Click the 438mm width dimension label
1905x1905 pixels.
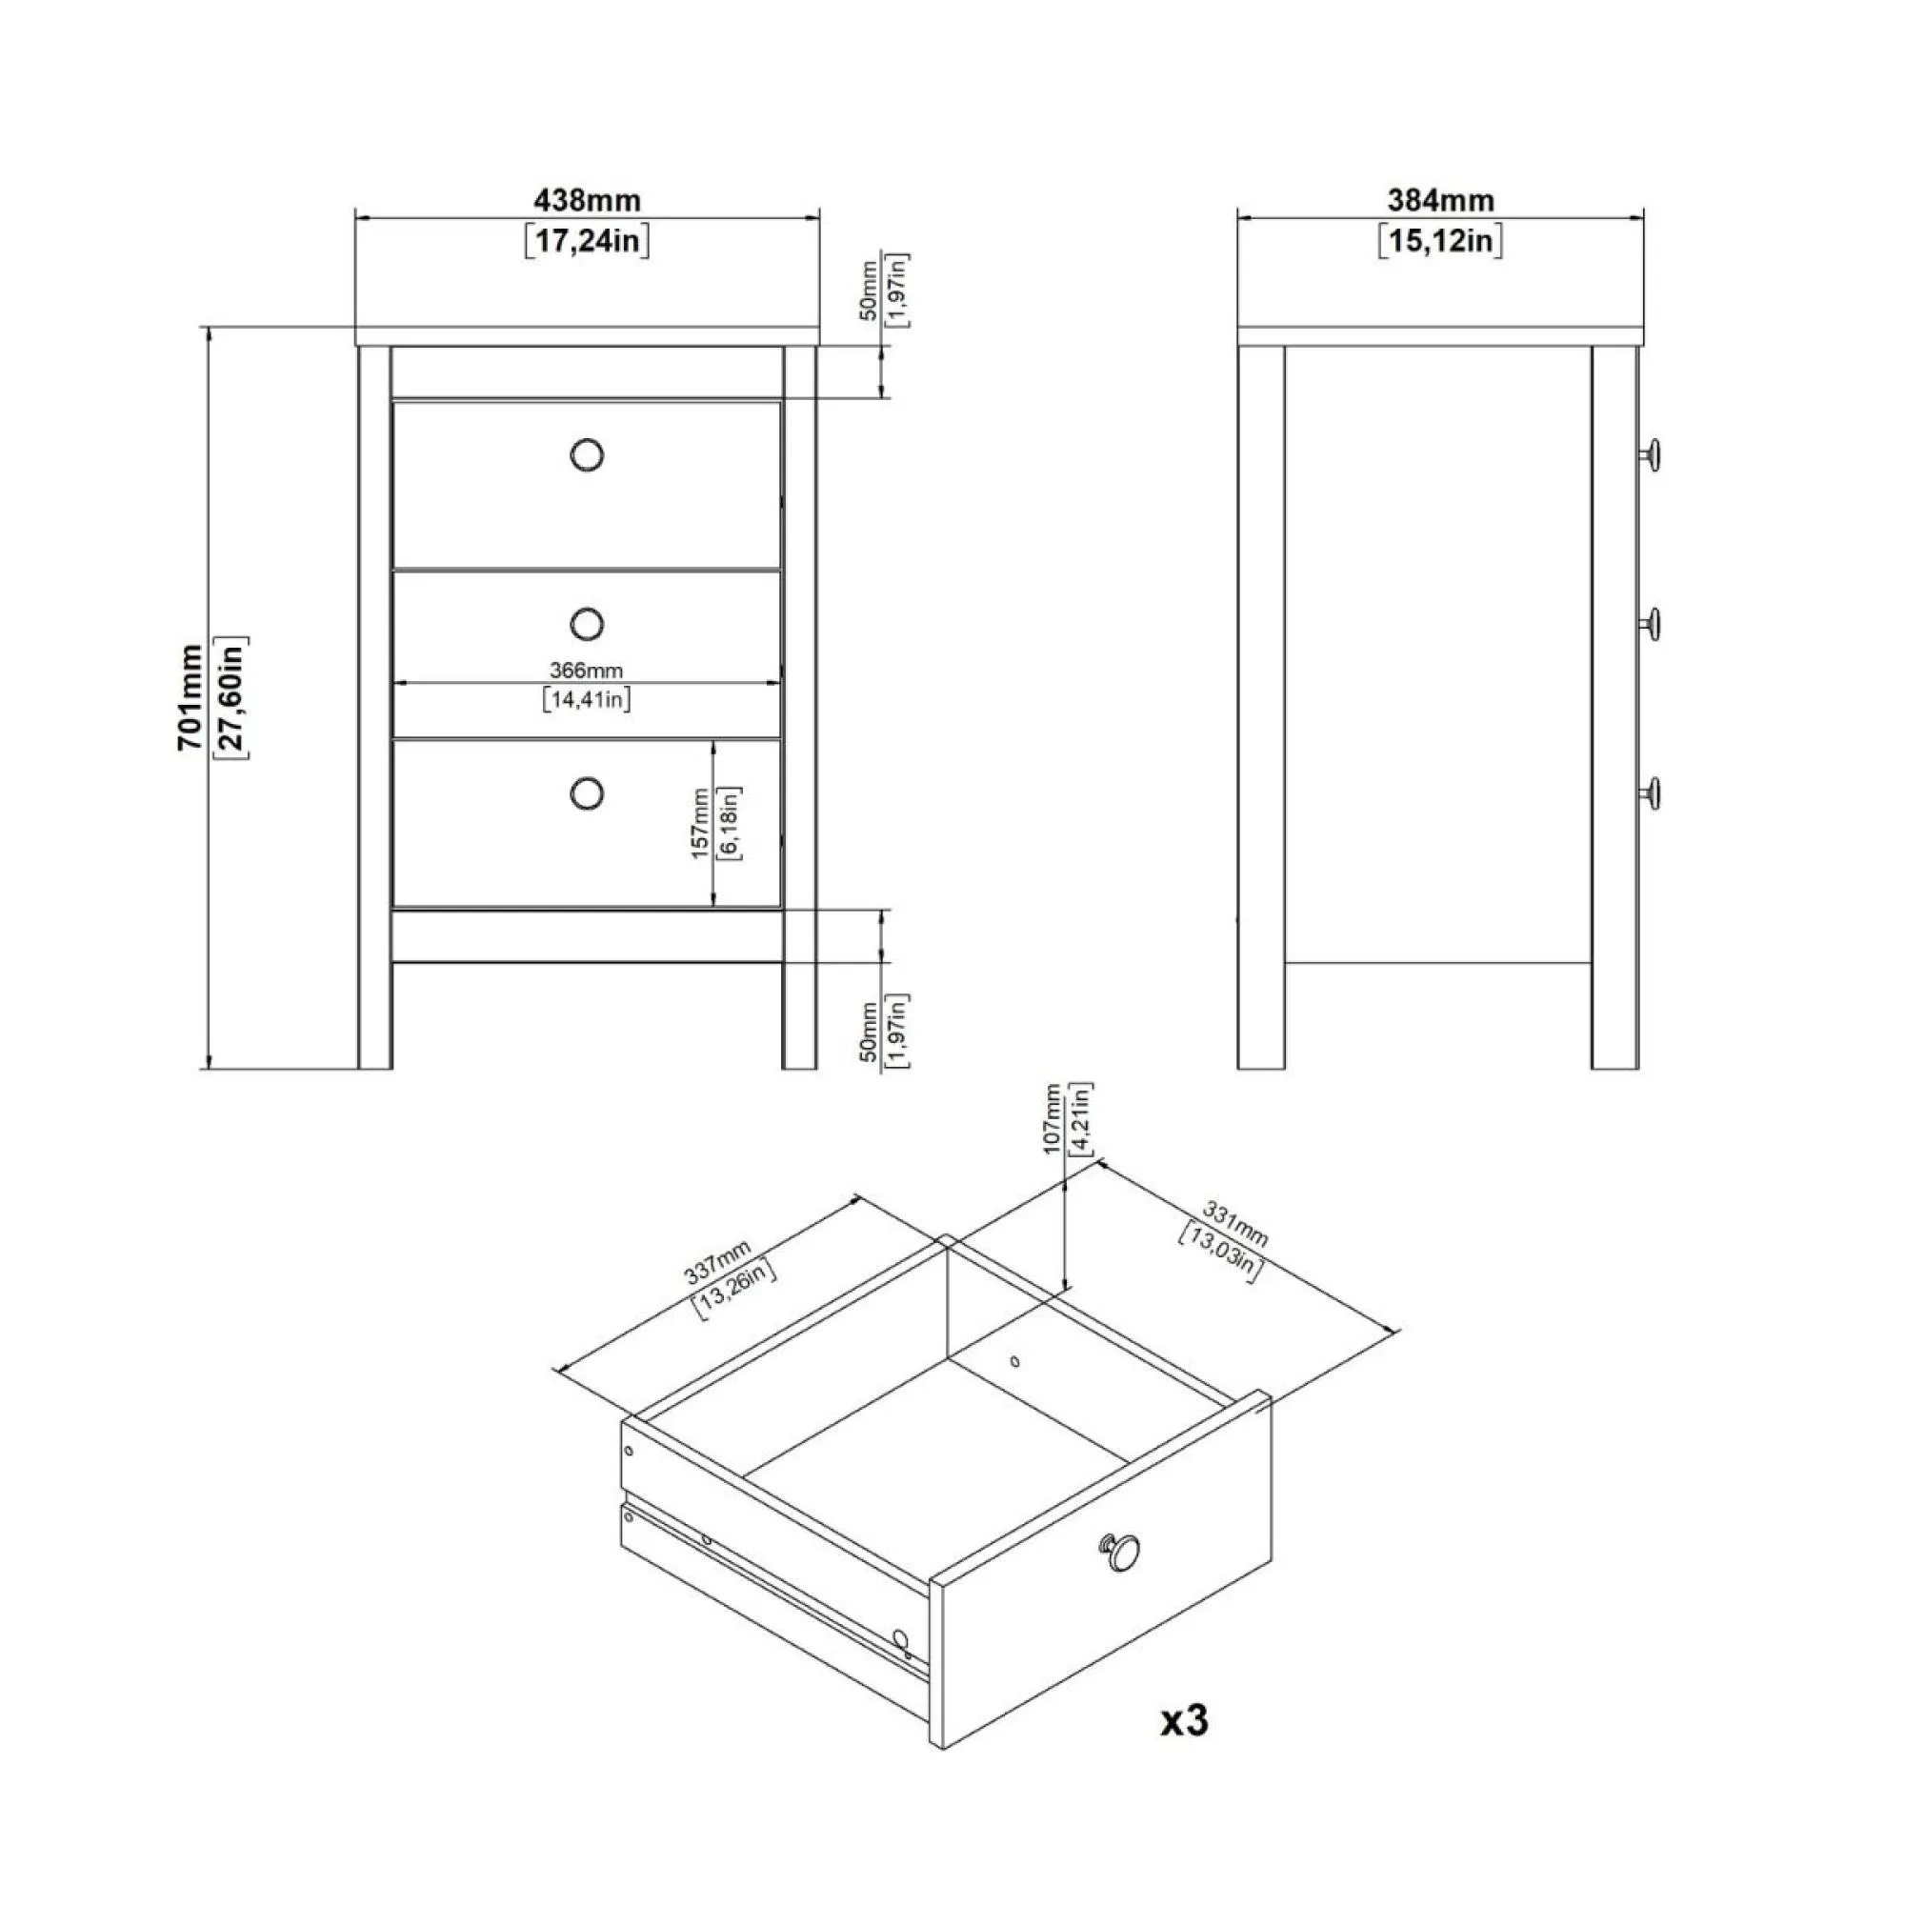point(587,200)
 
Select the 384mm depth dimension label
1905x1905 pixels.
point(1440,200)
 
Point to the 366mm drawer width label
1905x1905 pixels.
point(587,671)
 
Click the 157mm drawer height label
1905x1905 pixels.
point(700,823)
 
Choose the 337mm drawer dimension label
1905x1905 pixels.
point(718,1263)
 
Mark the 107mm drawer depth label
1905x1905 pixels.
point(1053,1118)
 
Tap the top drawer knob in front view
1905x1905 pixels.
point(587,454)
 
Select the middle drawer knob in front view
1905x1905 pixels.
point(587,623)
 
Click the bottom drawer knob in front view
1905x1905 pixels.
point(587,792)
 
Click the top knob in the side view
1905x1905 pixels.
point(1651,454)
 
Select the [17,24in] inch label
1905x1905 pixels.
point(587,241)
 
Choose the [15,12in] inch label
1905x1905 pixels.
point(1440,241)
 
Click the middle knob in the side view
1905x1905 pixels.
point(1651,623)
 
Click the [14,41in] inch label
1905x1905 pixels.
point(587,700)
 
